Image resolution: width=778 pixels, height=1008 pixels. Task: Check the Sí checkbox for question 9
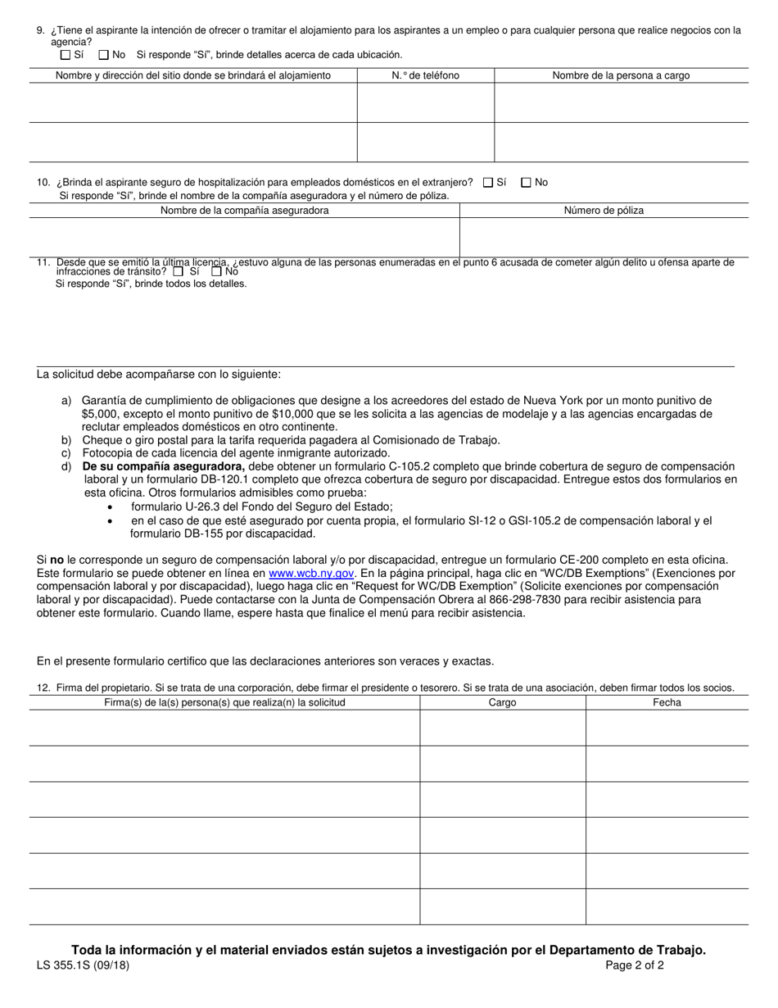point(66,55)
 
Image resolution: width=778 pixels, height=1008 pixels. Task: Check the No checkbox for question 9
point(103,55)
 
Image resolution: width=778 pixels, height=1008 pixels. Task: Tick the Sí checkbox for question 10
point(488,183)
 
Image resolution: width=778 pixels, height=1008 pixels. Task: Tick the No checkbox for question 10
point(526,183)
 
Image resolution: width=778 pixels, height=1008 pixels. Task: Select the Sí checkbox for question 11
point(179,271)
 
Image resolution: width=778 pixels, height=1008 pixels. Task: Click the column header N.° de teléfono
point(425,75)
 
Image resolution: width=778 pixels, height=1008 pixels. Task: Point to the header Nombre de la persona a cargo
point(621,75)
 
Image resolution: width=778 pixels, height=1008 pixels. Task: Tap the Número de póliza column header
point(604,211)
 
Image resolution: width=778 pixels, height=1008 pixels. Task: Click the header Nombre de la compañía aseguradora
point(245,211)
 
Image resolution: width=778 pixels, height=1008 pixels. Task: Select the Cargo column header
point(502,702)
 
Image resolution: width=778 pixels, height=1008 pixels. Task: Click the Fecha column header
point(667,702)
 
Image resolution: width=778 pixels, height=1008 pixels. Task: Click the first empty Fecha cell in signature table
point(667,728)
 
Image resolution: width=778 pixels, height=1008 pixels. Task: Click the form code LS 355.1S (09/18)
point(83,965)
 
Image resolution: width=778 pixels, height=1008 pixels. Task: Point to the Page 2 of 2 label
point(635,965)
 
